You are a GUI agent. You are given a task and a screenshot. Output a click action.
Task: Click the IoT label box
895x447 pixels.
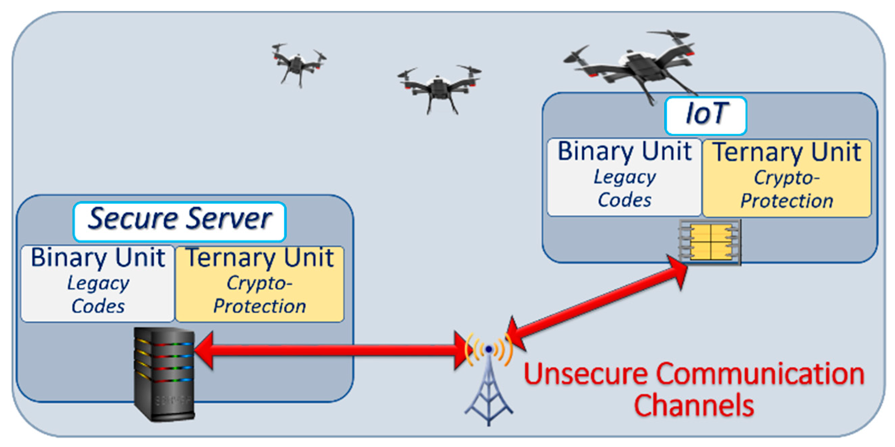click(x=705, y=115)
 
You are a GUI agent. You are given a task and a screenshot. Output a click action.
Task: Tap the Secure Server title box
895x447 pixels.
click(x=179, y=221)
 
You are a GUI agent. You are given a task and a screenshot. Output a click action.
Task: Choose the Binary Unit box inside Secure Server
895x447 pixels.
click(x=97, y=284)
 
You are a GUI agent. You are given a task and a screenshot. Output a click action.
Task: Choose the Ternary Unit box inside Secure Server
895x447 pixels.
click(x=260, y=284)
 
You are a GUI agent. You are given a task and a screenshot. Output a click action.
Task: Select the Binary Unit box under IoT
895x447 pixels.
click(x=624, y=177)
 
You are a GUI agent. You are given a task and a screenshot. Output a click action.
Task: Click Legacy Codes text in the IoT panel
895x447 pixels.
click(x=625, y=189)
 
